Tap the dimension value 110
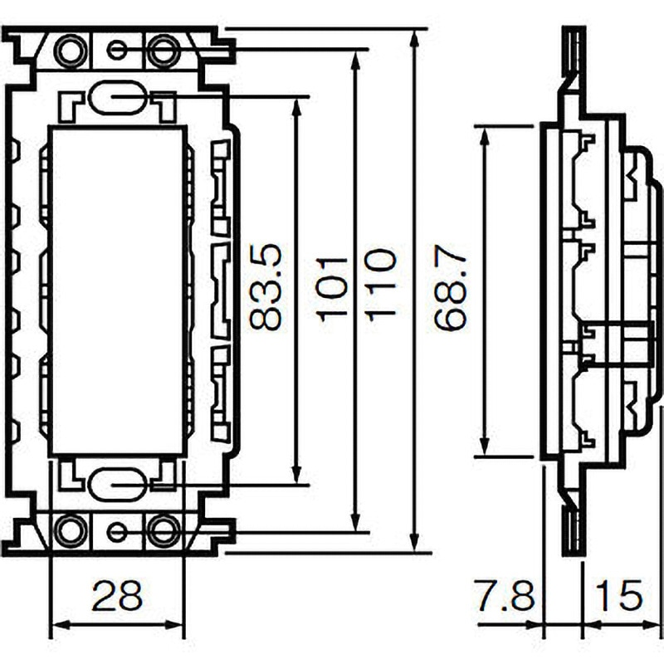[379, 286]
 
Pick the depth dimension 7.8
[505, 595]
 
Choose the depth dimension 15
[618, 595]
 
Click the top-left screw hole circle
[70, 51]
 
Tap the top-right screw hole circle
[164, 51]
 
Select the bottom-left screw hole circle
[70, 529]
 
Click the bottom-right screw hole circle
[164, 529]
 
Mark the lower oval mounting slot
[116, 483]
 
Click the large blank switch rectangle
[117, 290]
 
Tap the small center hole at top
[117, 51]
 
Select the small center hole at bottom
[117, 531]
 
